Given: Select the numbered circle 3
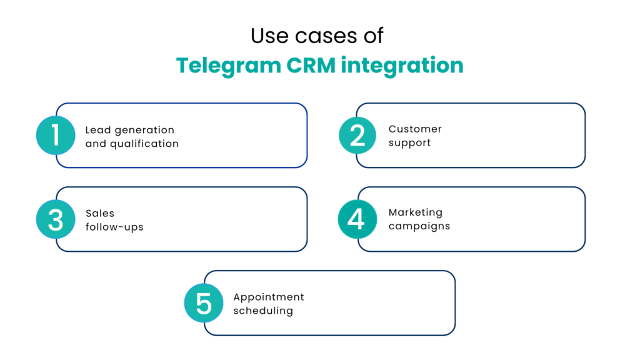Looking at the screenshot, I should click(x=56, y=219).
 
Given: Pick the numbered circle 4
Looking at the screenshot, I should click(x=357, y=219).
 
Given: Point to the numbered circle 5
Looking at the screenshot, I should click(x=204, y=303).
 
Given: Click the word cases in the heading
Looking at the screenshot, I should click(x=317, y=36).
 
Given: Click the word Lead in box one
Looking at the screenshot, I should click(x=97, y=130).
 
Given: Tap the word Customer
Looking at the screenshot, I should click(x=415, y=129).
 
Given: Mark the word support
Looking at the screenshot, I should click(x=409, y=143).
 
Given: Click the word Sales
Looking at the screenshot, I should click(x=100, y=213).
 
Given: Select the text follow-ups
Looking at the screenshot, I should click(x=114, y=227).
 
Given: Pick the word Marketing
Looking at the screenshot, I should click(x=415, y=212).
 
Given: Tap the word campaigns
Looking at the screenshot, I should click(x=419, y=226).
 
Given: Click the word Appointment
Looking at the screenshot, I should click(x=269, y=297).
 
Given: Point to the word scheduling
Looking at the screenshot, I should click(x=263, y=311).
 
